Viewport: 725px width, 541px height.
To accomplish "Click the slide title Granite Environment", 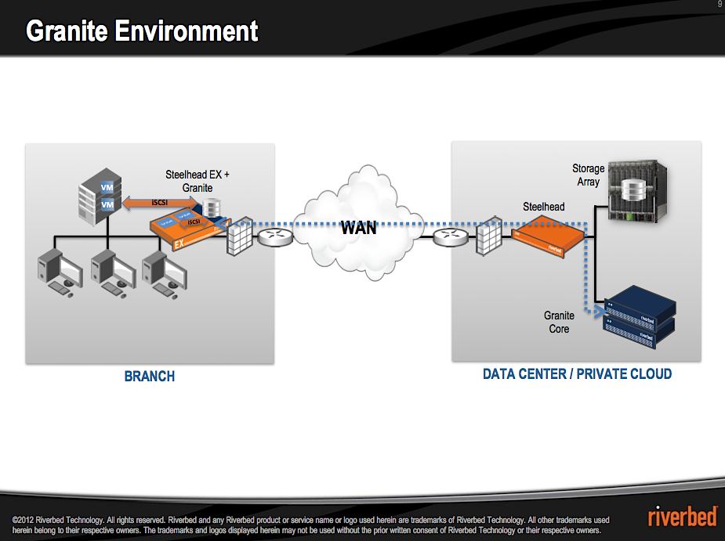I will (142, 31).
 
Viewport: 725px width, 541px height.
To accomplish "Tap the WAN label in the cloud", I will (358, 228).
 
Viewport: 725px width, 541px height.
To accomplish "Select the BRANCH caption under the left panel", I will (150, 377).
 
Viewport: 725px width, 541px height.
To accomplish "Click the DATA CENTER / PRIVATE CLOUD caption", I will (577, 374).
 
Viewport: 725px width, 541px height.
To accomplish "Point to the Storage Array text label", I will (588, 175).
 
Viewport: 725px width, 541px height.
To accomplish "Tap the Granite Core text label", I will (559, 323).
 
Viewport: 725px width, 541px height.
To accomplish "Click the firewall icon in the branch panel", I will (238, 236).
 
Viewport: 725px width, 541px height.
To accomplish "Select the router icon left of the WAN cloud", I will (272, 235).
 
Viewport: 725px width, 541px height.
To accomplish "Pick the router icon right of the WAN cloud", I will (448, 235).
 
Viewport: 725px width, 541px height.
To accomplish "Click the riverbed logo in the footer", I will (681, 518).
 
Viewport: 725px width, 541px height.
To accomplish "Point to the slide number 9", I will (720, 5).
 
